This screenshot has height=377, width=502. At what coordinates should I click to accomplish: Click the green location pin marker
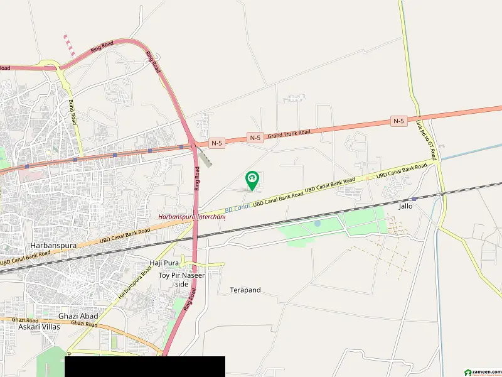tap(252, 180)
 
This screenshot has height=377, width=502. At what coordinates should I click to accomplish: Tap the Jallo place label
tap(405, 205)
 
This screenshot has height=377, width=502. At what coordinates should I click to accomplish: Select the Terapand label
tap(245, 290)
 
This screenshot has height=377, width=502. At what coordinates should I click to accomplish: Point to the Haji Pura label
tap(164, 262)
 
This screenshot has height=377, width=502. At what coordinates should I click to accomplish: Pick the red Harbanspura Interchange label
tap(191, 217)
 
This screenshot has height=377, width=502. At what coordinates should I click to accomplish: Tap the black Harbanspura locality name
tap(52, 245)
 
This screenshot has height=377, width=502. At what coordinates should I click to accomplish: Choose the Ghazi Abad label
tap(78, 316)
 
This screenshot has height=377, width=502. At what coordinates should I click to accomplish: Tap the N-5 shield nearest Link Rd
tap(398, 121)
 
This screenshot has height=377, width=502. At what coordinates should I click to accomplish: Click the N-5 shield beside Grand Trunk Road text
tap(254, 137)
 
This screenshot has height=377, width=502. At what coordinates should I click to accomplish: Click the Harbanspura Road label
tap(135, 283)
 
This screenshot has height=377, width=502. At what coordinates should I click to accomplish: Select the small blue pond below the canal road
tap(317, 223)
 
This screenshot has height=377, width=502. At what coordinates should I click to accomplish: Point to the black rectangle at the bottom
tap(144, 366)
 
